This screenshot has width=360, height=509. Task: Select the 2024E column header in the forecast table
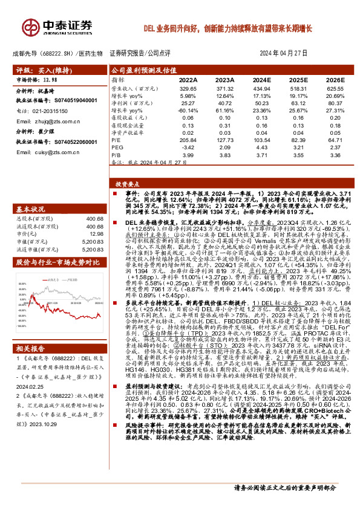click(x=261, y=80)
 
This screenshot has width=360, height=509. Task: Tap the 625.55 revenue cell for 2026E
click(x=335, y=88)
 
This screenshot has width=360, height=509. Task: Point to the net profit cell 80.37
click(x=335, y=103)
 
